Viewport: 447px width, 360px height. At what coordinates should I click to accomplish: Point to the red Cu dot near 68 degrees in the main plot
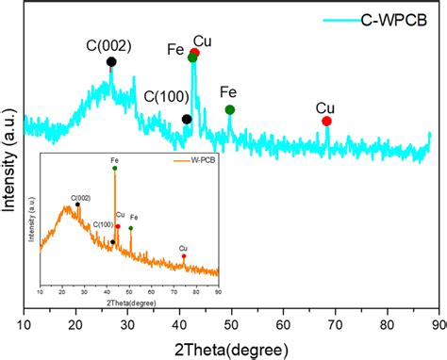pos(326,121)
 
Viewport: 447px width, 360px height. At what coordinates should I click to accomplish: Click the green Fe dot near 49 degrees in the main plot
pos(229,110)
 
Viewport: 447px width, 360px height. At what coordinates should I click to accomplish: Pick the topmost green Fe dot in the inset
pos(115,170)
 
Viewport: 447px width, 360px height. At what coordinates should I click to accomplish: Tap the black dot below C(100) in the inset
pos(112,242)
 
